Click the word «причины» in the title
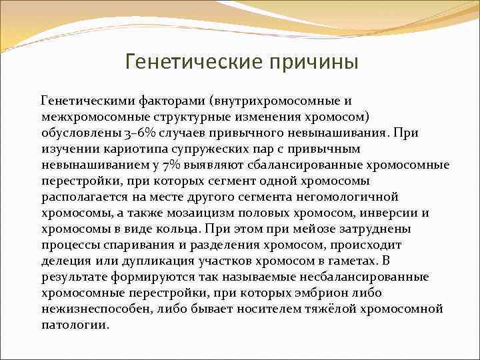tap(313, 62)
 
